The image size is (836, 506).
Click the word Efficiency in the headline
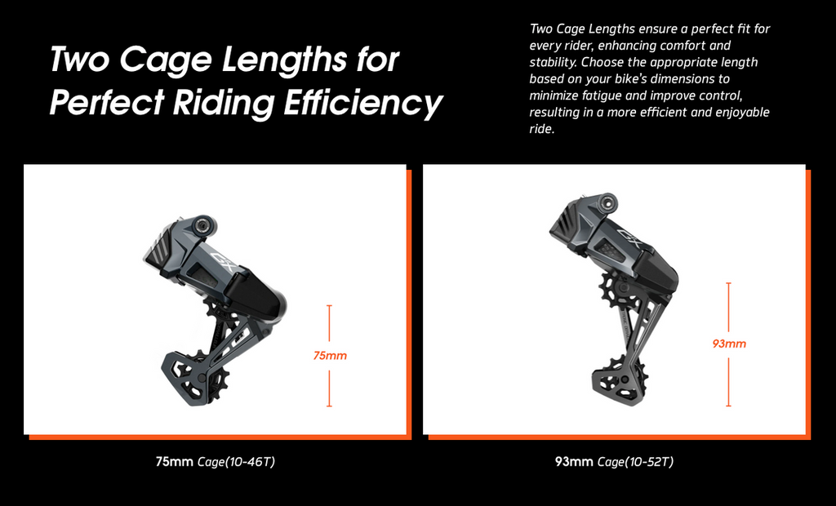click(x=362, y=102)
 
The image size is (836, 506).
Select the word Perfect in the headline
click(x=107, y=101)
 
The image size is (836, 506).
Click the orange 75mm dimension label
click(x=330, y=356)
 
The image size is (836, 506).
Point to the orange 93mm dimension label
click(x=729, y=344)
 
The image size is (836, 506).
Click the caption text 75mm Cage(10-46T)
click(x=216, y=461)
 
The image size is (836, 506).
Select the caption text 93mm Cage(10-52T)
click(x=614, y=461)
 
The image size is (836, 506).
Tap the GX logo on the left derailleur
click(x=224, y=260)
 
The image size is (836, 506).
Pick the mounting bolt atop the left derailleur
click(x=202, y=224)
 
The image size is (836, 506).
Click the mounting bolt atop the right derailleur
click(x=607, y=202)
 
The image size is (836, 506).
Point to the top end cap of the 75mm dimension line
click(x=330, y=305)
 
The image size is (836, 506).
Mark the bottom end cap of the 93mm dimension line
click(x=728, y=406)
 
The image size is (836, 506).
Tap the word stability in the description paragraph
click(x=553, y=62)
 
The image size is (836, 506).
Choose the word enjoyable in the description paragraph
click(x=742, y=112)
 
